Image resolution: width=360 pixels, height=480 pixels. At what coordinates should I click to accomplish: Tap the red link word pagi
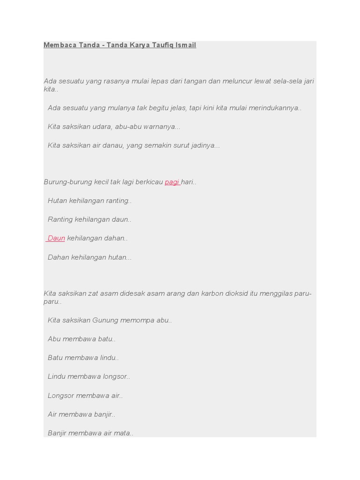[172, 182]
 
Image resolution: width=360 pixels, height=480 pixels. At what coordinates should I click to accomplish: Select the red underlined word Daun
[56, 238]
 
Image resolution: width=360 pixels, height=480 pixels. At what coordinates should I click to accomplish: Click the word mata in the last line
[123, 433]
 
